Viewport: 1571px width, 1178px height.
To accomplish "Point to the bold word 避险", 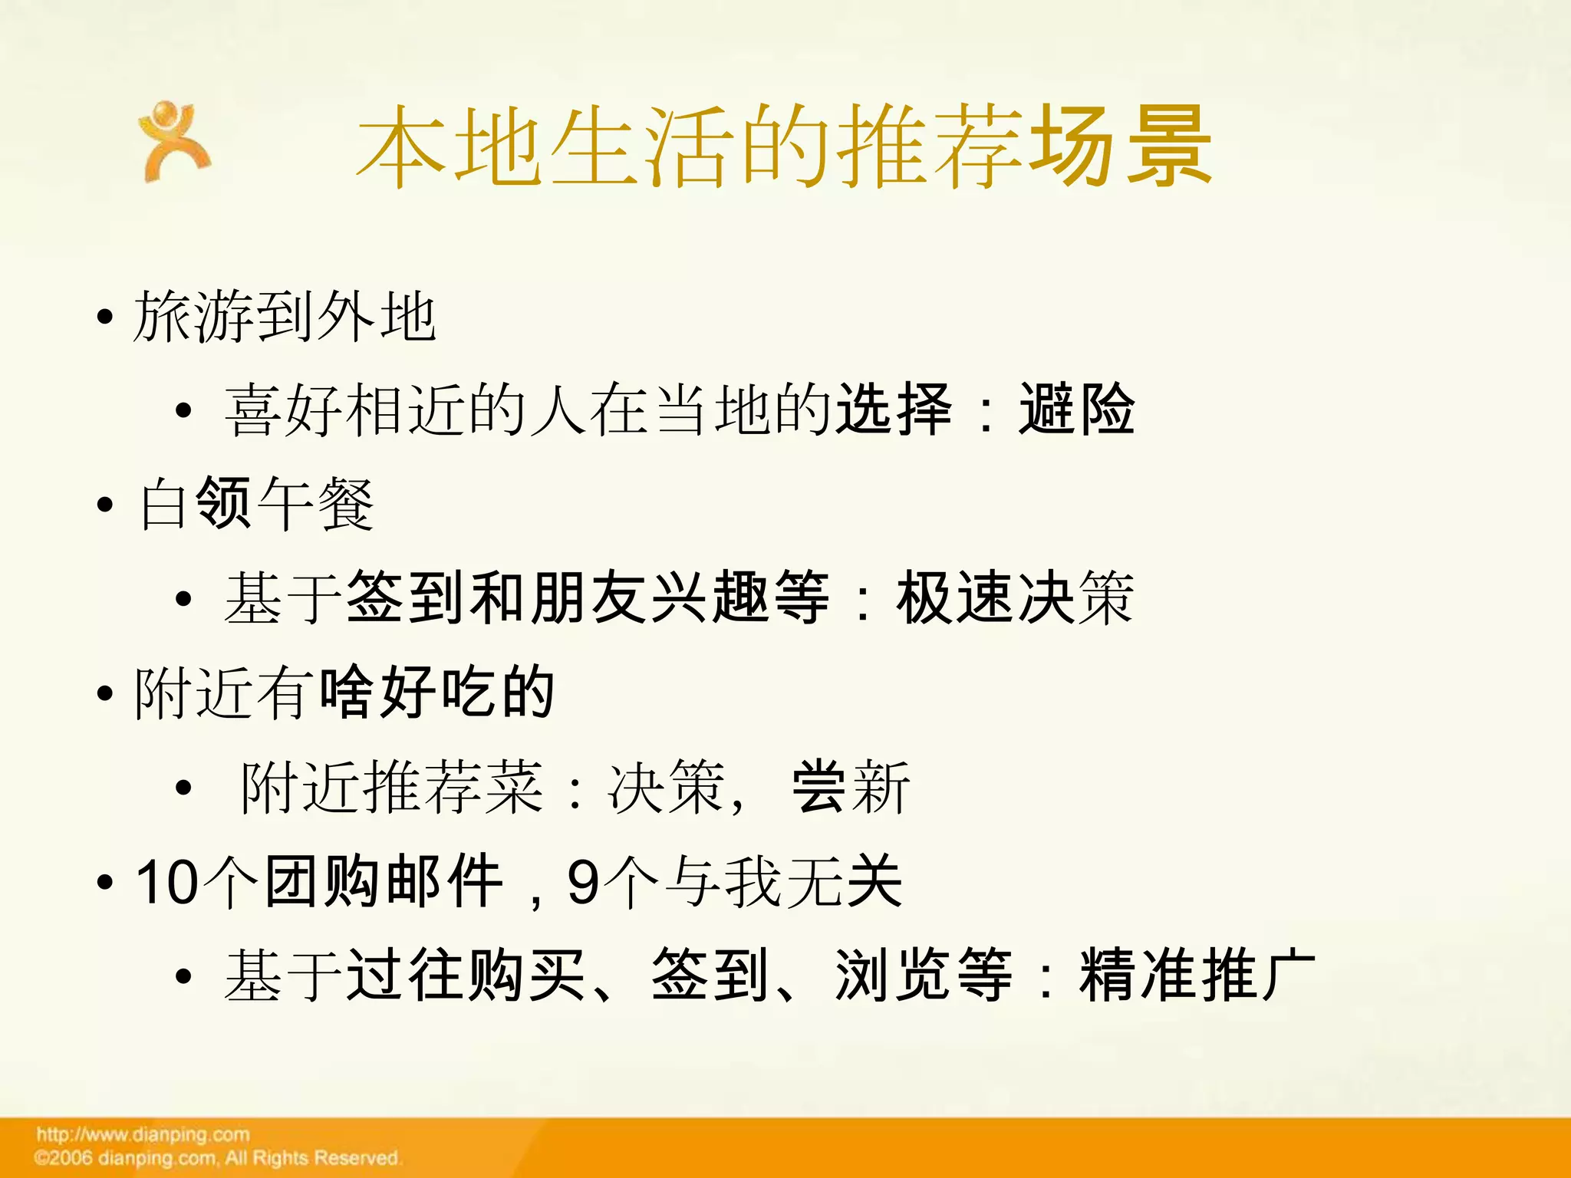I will [x=1076, y=410].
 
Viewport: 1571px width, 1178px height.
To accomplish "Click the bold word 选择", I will [x=894, y=410].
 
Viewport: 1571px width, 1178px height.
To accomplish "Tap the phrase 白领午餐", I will [x=256, y=504].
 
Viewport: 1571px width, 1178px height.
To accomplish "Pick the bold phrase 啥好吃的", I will [x=436, y=693].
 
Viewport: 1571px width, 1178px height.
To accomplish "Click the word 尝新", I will [x=851, y=787].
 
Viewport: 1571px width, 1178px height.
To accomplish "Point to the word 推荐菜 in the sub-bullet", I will [x=453, y=787].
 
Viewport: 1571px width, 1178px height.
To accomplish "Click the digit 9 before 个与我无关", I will [x=583, y=882].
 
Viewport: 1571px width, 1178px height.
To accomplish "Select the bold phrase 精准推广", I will [x=1197, y=976].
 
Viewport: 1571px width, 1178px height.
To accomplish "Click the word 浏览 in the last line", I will [x=894, y=976].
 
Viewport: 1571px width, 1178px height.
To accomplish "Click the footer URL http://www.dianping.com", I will [x=143, y=1134].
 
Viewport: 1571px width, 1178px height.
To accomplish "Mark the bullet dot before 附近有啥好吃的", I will [x=105, y=694].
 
